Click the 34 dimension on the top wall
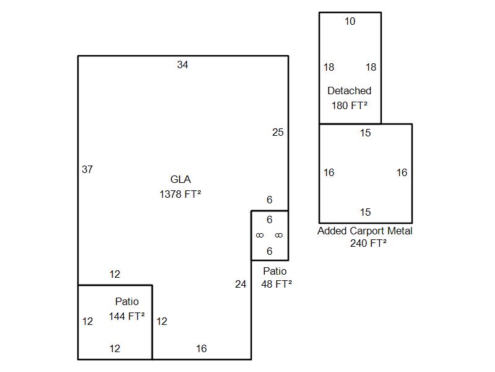183,64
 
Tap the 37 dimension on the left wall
87,169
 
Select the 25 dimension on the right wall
278,132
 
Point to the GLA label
181,180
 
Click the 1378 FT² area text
181,194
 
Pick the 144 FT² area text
127,316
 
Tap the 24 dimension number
241,284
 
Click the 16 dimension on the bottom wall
201,348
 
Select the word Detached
350,91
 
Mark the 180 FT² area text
350,105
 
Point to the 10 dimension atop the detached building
350,22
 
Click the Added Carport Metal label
365,231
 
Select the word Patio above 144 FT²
127,302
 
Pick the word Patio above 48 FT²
275,271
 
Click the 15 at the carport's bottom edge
366,212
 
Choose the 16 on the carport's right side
402,173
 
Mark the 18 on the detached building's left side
329,67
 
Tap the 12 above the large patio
114,274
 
